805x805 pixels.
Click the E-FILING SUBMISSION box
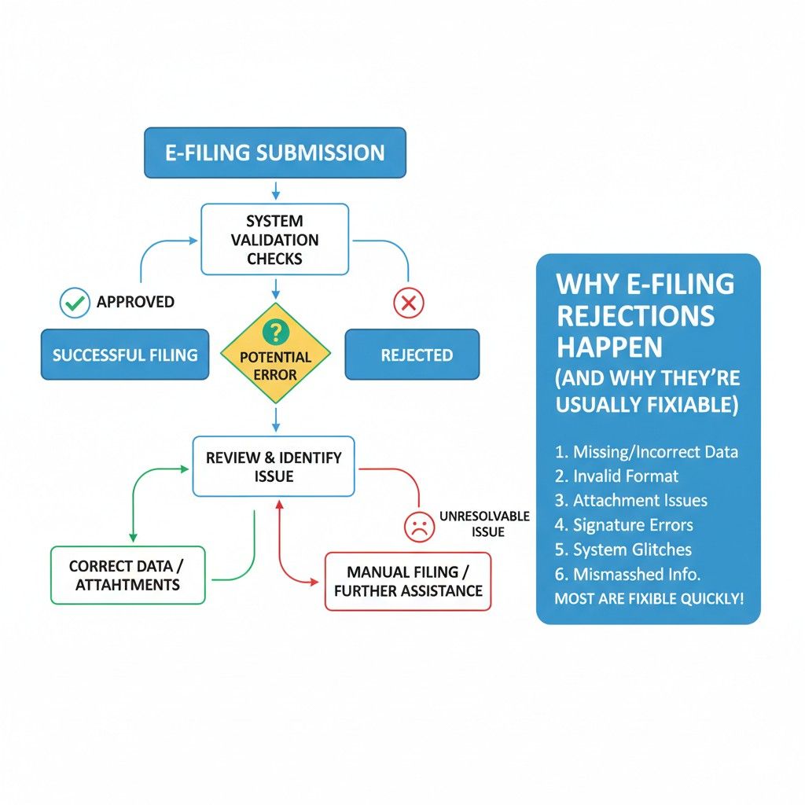[x=274, y=153]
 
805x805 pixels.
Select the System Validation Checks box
[x=274, y=240]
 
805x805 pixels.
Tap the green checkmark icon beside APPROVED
[x=75, y=302]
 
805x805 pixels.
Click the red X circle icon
[x=408, y=303]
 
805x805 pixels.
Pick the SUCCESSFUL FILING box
[x=125, y=355]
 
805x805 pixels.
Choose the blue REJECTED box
[x=413, y=355]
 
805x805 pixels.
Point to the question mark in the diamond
[x=275, y=332]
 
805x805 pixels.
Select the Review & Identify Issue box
[x=274, y=467]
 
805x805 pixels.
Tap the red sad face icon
[x=419, y=526]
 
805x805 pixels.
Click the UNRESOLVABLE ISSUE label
[x=483, y=524]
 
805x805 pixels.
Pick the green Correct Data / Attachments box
[x=128, y=575]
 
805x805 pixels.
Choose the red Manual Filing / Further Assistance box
[x=408, y=581]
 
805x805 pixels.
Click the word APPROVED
[x=135, y=302]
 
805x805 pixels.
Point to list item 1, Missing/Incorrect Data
[x=646, y=452]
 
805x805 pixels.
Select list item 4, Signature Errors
[x=623, y=525]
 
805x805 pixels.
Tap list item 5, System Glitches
[x=623, y=550]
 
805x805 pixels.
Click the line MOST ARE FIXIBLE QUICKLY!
[x=649, y=598]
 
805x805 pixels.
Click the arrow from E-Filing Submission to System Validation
[x=275, y=190]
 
